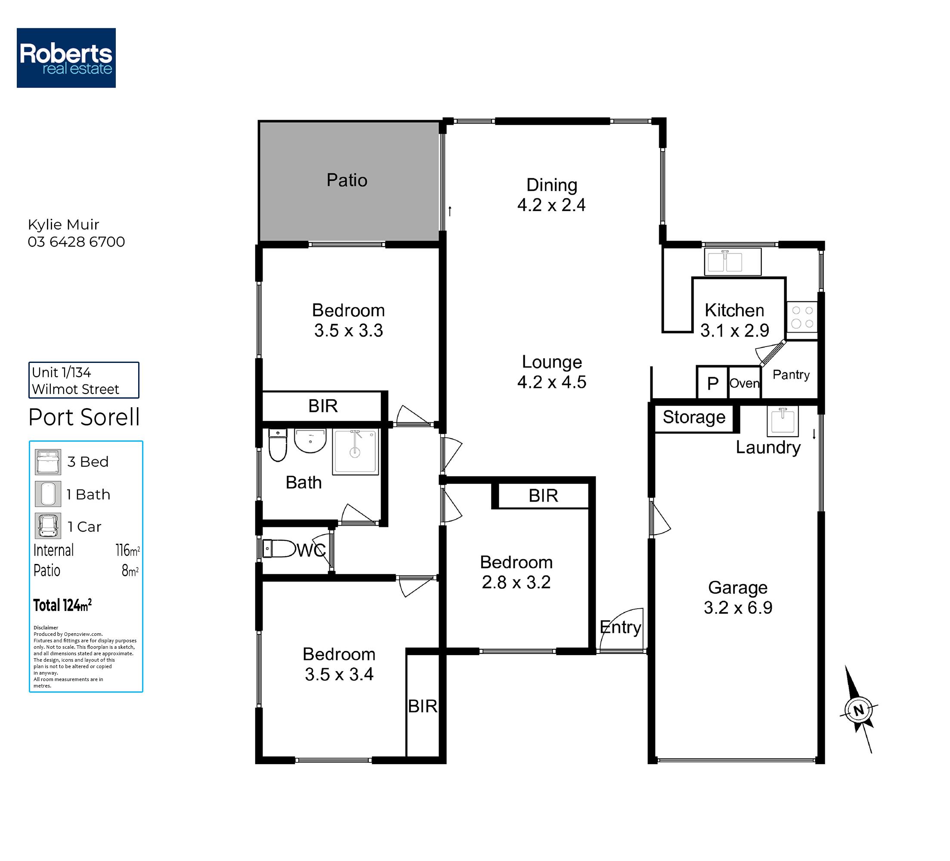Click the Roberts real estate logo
click(x=66, y=58)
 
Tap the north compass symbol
click(x=858, y=710)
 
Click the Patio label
click(x=347, y=180)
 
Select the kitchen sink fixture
click(x=733, y=262)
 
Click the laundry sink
click(x=783, y=421)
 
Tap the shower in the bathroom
click(x=355, y=452)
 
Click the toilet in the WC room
click(x=279, y=548)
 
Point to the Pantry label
click(x=791, y=375)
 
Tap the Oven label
click(x=745, y=383)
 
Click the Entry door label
click(x=621, y=627)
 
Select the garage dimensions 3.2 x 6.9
click(x=738, y=607)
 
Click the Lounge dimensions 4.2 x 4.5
click(x=551, y=382)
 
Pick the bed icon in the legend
click(x=48, y=462)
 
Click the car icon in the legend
click(x=48, y=526)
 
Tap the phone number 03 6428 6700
click(x=76, y=242)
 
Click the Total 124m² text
click(x=62, y=605)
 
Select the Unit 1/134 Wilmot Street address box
click(x=84, y=380)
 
